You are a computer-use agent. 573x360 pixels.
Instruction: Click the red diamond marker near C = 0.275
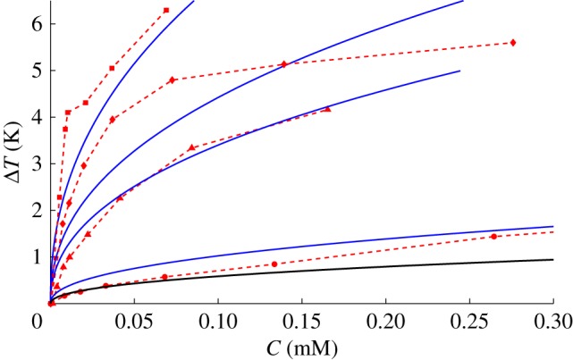(513, 43)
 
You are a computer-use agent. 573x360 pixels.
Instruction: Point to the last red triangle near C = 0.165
(328, 109)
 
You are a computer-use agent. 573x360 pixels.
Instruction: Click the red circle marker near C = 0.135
(274, 264)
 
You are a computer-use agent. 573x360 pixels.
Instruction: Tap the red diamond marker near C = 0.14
(284, 64)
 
